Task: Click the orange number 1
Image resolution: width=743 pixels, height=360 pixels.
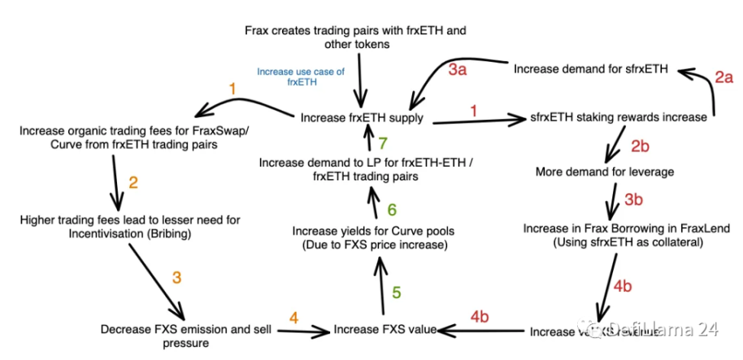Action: tap(232, 89)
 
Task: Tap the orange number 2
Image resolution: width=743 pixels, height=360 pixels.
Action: tap(134, 183)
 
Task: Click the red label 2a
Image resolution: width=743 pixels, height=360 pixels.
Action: tap(724, 77)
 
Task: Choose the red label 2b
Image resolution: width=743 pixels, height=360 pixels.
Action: tap(639, 145)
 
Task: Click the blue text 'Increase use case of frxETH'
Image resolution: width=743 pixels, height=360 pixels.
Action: tap(300, 76)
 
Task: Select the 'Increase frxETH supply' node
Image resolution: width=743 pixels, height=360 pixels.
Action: tap(362, 118)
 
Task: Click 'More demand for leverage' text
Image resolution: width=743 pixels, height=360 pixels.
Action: tap(605, 171)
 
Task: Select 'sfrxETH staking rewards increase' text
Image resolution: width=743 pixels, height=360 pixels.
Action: tap(617, 118)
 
